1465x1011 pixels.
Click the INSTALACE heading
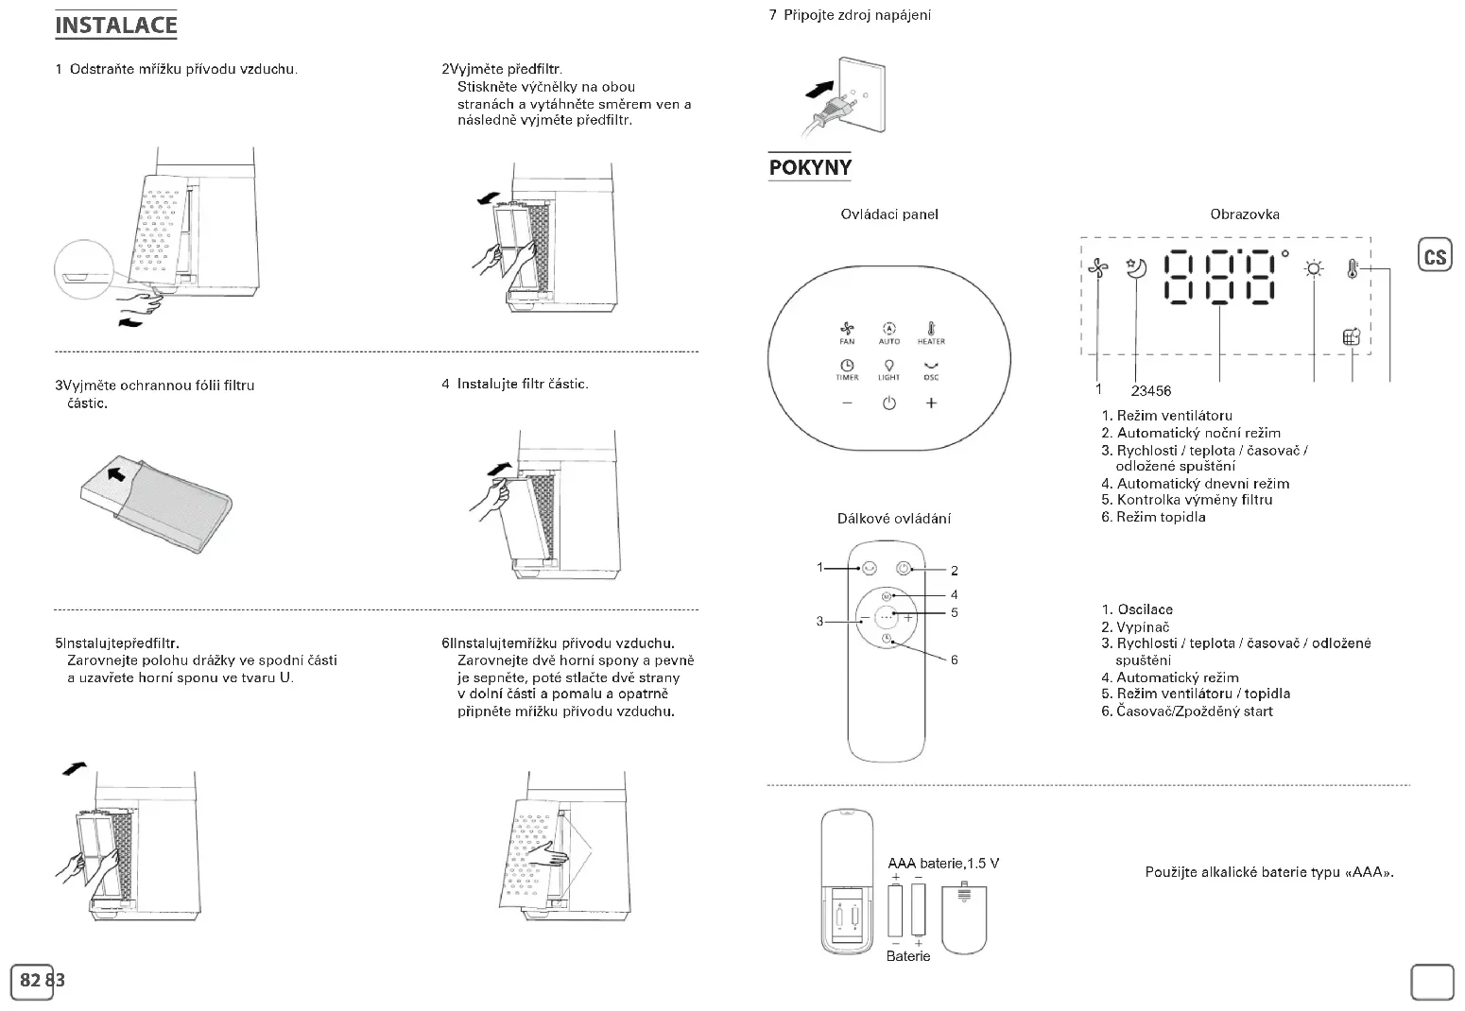115,26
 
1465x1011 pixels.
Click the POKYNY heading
810,167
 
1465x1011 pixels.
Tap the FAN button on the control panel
847,330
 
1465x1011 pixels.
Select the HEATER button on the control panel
931,330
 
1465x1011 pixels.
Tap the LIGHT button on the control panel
888,368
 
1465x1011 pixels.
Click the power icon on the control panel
888,403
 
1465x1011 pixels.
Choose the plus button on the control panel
931,403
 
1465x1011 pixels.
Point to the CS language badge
1435,256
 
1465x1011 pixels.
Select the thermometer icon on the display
1353,270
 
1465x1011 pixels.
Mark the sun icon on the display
1314,270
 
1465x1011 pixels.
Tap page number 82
30,980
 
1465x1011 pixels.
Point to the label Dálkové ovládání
894,519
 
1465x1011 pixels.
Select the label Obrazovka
1245,214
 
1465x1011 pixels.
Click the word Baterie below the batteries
908,956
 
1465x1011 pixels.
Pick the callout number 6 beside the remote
955,660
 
